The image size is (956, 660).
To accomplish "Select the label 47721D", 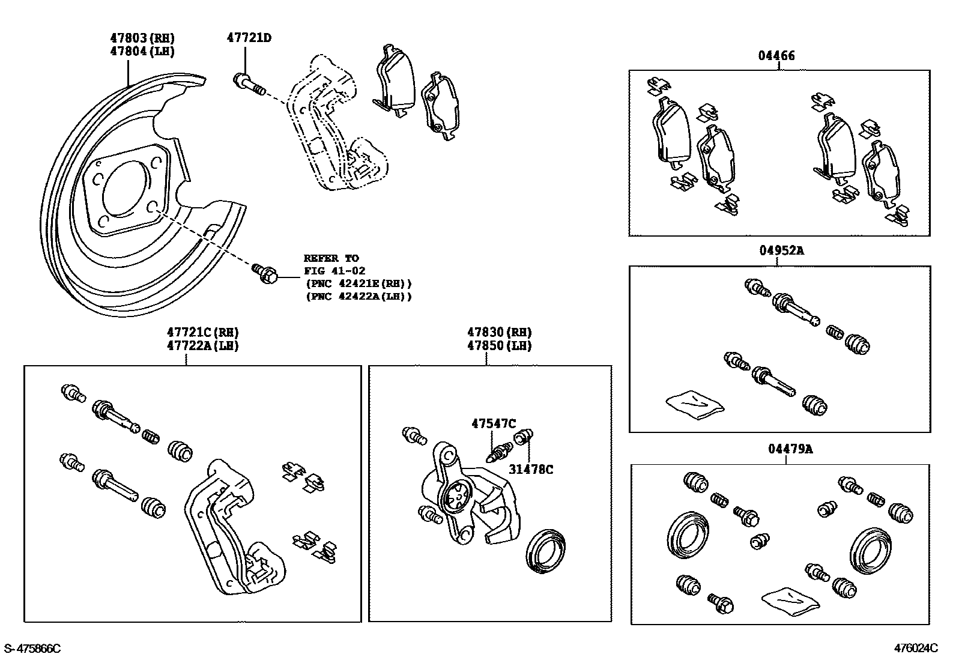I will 249,38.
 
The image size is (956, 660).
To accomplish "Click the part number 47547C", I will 493,423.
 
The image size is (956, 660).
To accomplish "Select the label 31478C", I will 531,470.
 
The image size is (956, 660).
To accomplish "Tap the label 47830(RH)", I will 500,332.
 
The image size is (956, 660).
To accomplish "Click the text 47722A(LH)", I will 202,346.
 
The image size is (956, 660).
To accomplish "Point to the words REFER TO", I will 331,258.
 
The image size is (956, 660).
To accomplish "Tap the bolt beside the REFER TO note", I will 264,273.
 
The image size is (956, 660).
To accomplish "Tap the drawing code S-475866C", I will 32,649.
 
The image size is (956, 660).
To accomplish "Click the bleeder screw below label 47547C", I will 500,452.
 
